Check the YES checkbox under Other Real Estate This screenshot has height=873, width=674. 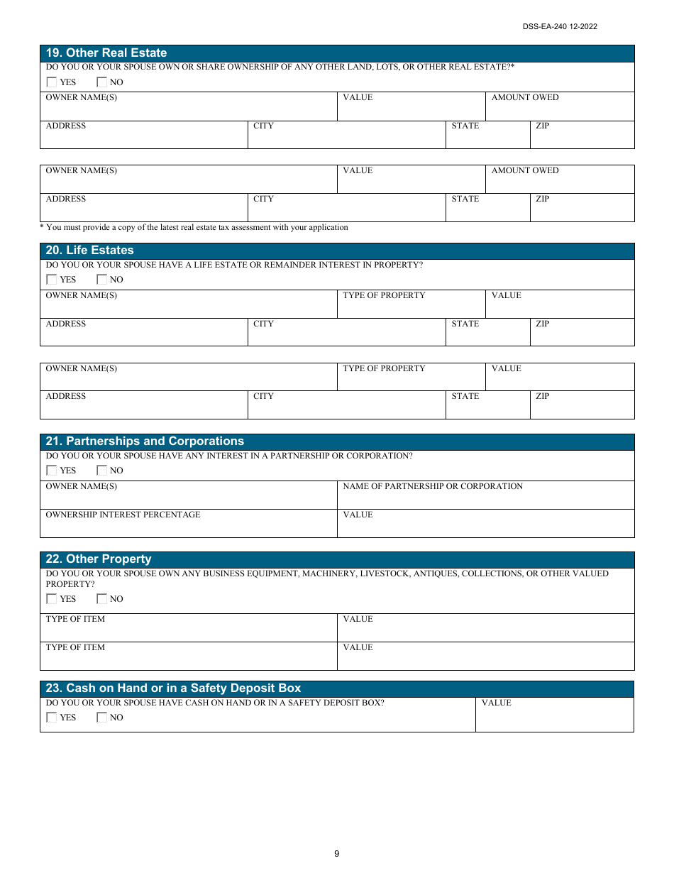[x=52, y=82]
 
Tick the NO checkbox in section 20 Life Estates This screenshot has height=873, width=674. [x=101, y=280]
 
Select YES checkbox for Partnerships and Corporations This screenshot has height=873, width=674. [x=52, y=471]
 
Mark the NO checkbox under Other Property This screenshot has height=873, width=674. [x=101, y=599]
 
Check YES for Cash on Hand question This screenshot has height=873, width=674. [x=52, y=718]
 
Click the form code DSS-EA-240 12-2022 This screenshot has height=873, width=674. [x=560, y=27]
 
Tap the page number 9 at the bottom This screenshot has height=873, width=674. [x=337, y=854]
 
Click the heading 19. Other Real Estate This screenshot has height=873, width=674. [x=106, y=53]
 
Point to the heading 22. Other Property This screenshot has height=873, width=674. [x=99, y=559]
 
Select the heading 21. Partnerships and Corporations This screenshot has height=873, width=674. [x=145, y=441]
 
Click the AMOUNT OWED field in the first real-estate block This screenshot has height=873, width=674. [x=560, y=109]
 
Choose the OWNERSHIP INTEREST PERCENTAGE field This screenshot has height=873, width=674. [x=188, y=525]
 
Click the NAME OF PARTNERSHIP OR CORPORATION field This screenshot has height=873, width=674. [x=485, y=497]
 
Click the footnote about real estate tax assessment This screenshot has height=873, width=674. [x=194, y=228]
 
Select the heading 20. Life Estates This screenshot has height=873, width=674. [x=89, y=251]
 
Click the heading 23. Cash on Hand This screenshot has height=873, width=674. [x=173, y=688]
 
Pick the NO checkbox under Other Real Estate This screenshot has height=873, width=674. [x=101, y=82]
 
